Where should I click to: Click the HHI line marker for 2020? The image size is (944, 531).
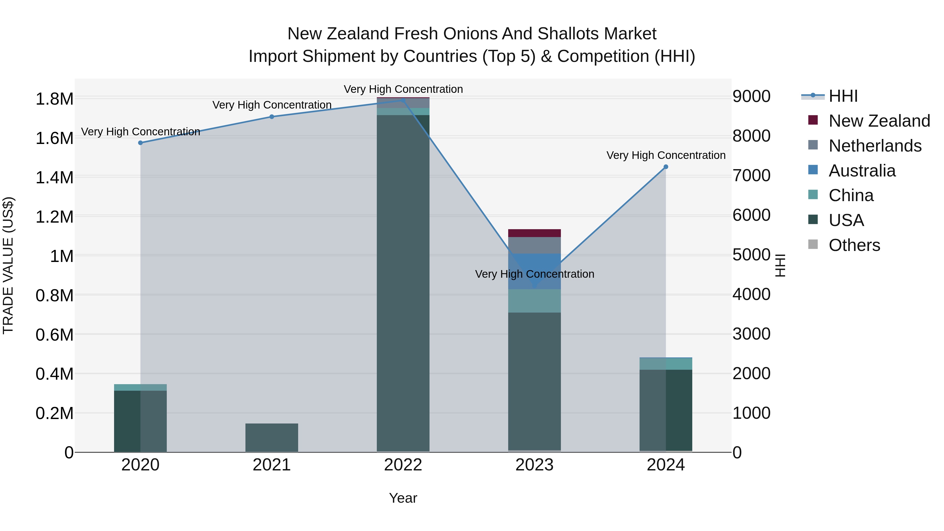point(140,143)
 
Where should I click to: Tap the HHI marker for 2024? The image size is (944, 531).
point(666,167)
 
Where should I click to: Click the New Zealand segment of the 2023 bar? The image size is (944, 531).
point(534,233)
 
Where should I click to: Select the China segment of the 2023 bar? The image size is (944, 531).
point(534,301)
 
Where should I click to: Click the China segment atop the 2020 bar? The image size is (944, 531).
point(140,387)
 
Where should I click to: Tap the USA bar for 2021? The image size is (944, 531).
point(272,438)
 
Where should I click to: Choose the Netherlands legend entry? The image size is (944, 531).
point(875,146)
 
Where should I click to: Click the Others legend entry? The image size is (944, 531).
point(854,245)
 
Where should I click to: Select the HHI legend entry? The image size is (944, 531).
point(843,96)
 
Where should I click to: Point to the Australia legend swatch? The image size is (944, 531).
point(813,170)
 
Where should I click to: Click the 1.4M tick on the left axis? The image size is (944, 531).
point(54,178)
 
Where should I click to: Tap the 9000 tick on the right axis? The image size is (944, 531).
point(751,96)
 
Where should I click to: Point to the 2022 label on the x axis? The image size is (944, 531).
point(403,465)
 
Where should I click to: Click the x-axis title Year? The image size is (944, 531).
point(403,498)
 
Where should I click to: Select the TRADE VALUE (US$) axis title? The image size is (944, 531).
point(8,265)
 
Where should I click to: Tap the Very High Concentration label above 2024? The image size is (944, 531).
point(666,155)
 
